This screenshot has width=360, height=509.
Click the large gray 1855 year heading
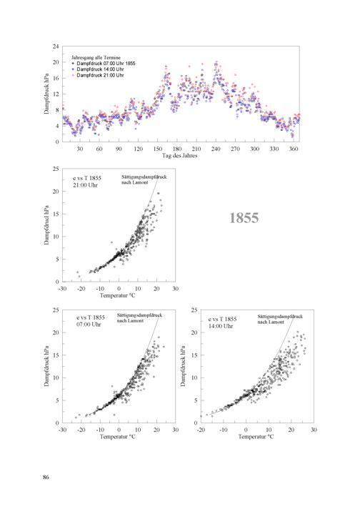[x=244, y=218]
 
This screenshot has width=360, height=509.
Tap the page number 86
[x=46, y=477]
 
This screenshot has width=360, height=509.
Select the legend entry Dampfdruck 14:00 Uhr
[x=100, y=69]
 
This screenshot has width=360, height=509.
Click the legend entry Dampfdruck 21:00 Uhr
[x=100, y=75]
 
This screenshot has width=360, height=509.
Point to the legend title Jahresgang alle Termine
[x=96, y=58]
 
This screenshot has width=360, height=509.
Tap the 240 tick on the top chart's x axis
[x=216, y=149]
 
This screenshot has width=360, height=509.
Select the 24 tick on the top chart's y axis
[x=56, y=46]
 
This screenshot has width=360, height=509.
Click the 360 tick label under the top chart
[x=294, y=149]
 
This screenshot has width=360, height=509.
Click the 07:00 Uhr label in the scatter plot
[x=89, y=325]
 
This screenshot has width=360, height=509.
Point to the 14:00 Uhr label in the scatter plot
[x=221, y=326]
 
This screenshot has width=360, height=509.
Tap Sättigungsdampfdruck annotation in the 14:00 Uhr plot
[x=280, y=316]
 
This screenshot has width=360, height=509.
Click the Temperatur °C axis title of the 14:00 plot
[x=256, y=437]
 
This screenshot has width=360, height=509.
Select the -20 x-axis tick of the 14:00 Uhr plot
[x=201, y=430]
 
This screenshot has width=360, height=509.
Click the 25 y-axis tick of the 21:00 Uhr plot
[x=56, y=169]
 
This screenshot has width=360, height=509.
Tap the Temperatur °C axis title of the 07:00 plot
[x=117, y=437]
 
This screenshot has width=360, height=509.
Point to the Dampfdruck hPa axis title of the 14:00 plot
[x=183, y=366]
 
